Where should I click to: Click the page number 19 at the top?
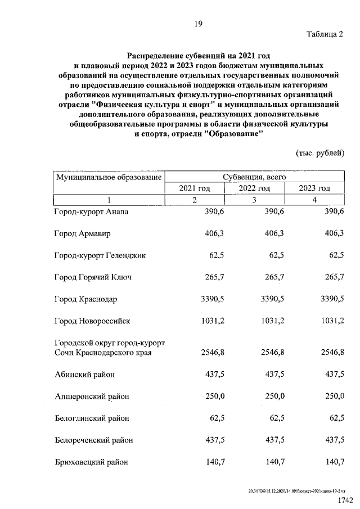pos(198,23)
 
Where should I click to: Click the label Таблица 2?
pos(325,34)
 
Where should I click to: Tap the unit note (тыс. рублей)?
pos(319,153)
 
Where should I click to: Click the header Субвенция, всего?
pos(254,177)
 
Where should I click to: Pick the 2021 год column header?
pos(195,188)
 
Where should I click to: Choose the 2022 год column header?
pos(254,188)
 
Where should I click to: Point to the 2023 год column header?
pos(314,188)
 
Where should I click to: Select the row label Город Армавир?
pos(83,233)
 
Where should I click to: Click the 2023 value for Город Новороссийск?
pos(331,321)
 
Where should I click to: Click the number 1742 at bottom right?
pos(344,500)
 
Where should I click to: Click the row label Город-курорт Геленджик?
pos(100,255)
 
